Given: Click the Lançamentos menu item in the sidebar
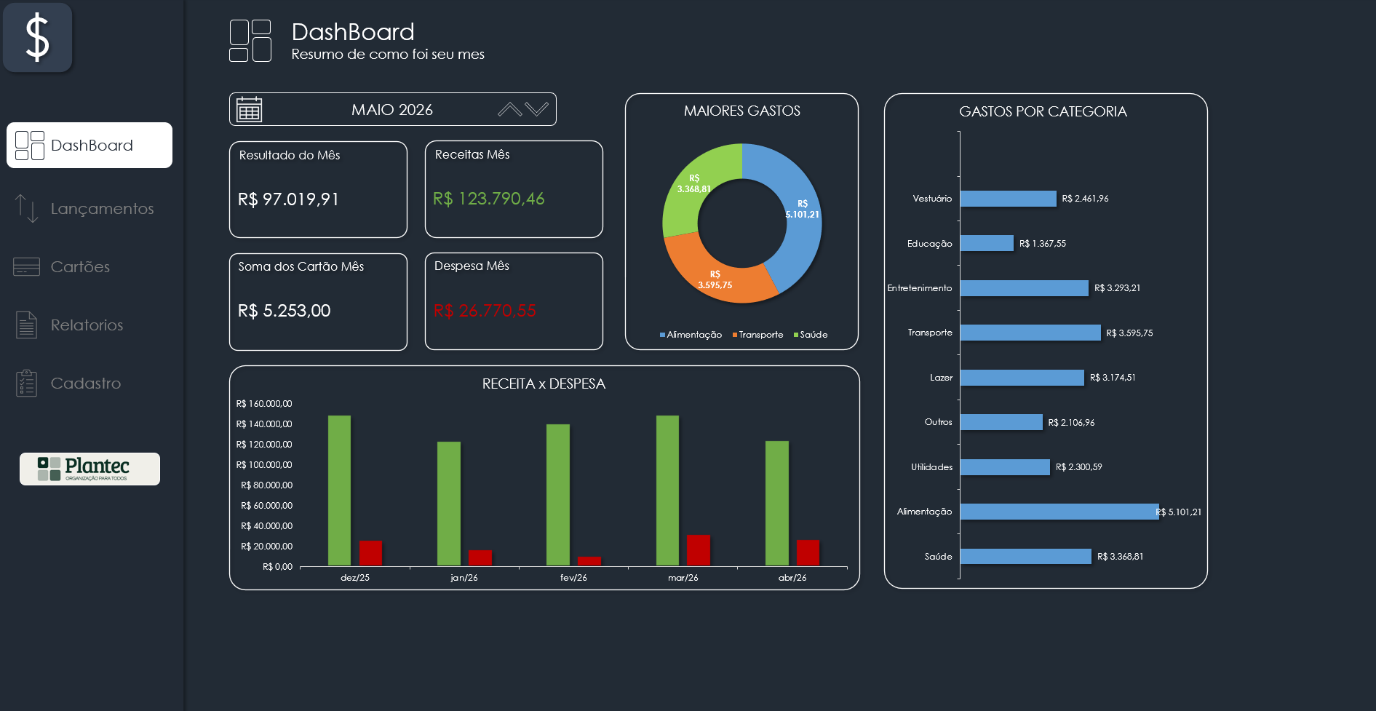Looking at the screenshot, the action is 84,209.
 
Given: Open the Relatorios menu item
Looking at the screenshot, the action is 70,325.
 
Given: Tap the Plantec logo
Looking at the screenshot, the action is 90,469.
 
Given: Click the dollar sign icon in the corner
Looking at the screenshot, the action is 38,38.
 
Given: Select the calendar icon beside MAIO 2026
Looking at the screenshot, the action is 249,109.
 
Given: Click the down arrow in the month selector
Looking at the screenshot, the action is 537,109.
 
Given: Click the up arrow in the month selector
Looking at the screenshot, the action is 510,109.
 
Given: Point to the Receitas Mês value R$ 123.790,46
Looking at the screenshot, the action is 489,199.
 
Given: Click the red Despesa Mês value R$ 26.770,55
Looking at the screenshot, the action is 485,311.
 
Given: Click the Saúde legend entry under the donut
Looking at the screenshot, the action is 811,335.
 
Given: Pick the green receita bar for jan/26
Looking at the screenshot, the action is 449,504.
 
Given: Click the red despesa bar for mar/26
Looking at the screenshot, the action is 699,550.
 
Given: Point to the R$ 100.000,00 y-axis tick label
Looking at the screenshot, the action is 264,465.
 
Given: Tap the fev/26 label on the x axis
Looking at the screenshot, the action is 573,578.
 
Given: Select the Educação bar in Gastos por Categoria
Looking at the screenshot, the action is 987,243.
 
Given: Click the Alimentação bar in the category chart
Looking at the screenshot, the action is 1059,512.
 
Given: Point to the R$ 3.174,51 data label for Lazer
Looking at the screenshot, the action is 1113,378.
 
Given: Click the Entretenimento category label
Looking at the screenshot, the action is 920,288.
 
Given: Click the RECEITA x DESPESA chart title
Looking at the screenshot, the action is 544,384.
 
